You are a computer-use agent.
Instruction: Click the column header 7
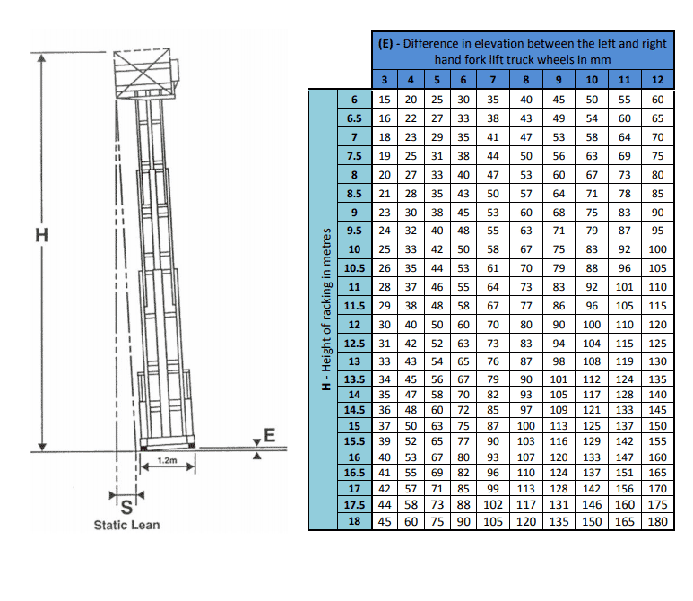(x=493, y=80)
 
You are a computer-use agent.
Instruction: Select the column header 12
(x=657, y=80)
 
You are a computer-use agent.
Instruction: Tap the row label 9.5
(x=354, y=231)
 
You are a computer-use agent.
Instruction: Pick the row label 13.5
(x=354, y=379)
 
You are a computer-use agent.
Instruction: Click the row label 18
(x=354, y=521)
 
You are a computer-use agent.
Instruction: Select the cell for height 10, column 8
(x=526, y=249)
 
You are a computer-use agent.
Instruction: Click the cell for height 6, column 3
(x=385, y=100)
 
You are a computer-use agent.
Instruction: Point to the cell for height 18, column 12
(x=657, y=521)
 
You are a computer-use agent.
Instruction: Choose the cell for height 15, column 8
(x=526, y=426)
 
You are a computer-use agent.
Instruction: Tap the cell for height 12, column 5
(x=437, y=325)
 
